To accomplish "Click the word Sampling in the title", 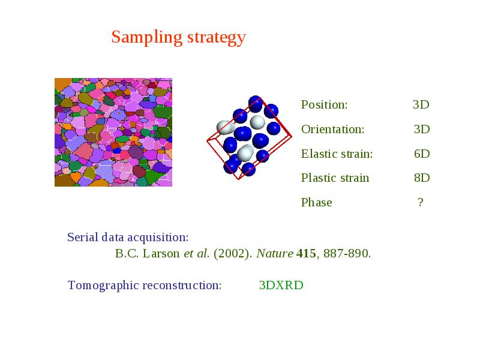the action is tap(146, 38).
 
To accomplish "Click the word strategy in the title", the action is tap(217, 38).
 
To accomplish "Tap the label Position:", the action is tap(324, 104).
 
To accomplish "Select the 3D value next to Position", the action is tap(421, 104).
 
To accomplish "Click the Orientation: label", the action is tap(333, 129).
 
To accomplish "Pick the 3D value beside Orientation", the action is tap(422, 129).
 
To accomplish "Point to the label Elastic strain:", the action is tap(337, 154).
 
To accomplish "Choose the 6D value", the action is tap(422, 154).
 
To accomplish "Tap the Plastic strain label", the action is tap(335, 178).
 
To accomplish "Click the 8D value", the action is tap(422, 178).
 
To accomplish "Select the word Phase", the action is tap(317, 202).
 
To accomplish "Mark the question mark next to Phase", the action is tap(421, 202).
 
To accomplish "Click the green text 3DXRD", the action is tap(281, 286).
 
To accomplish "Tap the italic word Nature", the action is tap(275, 253).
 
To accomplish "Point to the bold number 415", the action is tap(306, 253).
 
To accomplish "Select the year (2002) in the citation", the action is tap(233, 254).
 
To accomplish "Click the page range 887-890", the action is tap(347, 253).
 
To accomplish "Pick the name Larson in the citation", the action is tap(161, 253).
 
